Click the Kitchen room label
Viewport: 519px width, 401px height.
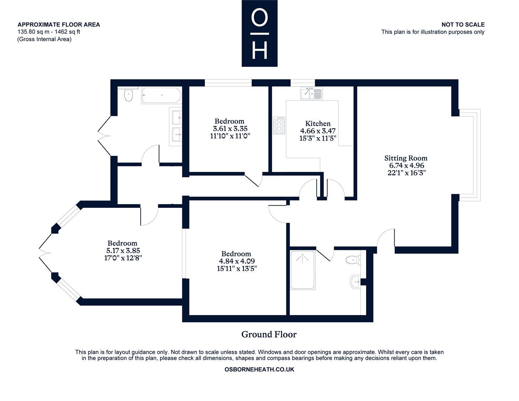[x=318, y=124]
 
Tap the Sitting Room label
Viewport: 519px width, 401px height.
[x=405, y=158]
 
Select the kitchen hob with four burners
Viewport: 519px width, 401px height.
[x=279, y=125]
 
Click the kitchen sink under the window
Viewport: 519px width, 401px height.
[x=311, y=93]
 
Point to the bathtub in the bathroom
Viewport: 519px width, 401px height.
[x=161, y=95]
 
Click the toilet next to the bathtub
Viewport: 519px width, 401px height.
[x=128, y=95]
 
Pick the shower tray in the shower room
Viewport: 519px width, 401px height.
[x=302, y=270]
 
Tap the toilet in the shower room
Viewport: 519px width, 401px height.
[x=353, y=260]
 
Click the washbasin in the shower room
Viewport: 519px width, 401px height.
[x=355, y=282]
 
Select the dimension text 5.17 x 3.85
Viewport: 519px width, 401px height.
[x=123, y=251]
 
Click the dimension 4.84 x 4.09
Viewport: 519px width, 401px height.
[x=237, y=261]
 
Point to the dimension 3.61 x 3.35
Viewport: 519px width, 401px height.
[x=230, y=128]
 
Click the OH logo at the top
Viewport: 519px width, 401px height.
[x=259, y=33]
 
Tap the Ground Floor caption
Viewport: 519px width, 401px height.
[x=269, y=335]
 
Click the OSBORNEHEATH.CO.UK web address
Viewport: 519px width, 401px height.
[x=259, y=369]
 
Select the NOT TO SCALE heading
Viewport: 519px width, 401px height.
[x=463, y=25]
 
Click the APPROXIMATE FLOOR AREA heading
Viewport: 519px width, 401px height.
[x=59, y=25]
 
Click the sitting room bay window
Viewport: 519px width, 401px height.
[x=470, y=155]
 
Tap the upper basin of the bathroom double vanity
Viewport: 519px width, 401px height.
[x=176, y=117]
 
